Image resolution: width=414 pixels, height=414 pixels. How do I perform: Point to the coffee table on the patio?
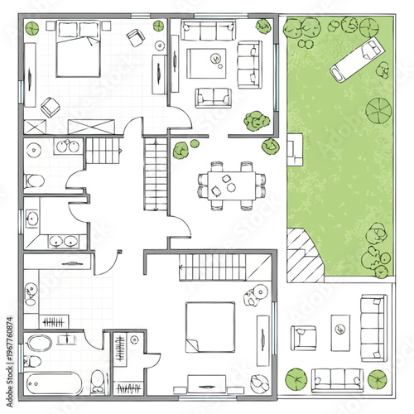pyautogui.click(x=339, y=329)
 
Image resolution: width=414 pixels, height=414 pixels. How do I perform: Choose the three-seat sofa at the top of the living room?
pyautogui.click(x=208, y=31)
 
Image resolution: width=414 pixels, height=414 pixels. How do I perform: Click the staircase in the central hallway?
pyautogui.click(x=153, y=175)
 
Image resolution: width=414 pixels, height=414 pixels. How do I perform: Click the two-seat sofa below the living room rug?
pyautogui.click(x=214, y=97)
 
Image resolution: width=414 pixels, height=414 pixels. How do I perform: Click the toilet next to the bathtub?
pyautogui.click(x=99, y=381)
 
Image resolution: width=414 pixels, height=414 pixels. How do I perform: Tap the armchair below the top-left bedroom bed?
pyautogui.click(x=51, y=106)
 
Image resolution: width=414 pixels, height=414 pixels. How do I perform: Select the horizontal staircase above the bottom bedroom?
pyautogui.click(x=214, y=267)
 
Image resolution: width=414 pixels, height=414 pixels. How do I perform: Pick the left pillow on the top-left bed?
pyautogui.click(x=67, y=31)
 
